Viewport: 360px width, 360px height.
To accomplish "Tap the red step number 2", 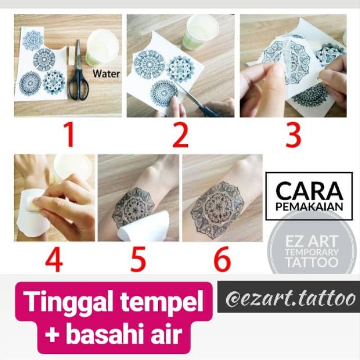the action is click(x=181, y=136).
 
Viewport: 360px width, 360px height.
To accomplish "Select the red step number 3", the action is click(x=293, y=136).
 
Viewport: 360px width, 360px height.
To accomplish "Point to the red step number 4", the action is click(x=54, y=259).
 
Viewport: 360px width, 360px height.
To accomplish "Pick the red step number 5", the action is click(x=138, y=259).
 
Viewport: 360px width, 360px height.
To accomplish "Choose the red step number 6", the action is click(x=222, y=259).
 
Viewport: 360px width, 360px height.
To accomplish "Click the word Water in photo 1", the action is click(x=106, y=74).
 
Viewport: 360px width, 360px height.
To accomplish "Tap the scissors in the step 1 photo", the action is click(x=79, y=71).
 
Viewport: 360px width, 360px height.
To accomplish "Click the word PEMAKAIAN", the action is click(x=309, y=206).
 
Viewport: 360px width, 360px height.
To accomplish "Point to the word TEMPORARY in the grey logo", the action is click(x=312, y=252).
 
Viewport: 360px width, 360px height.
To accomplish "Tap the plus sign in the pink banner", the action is click(x=53, y=334).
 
